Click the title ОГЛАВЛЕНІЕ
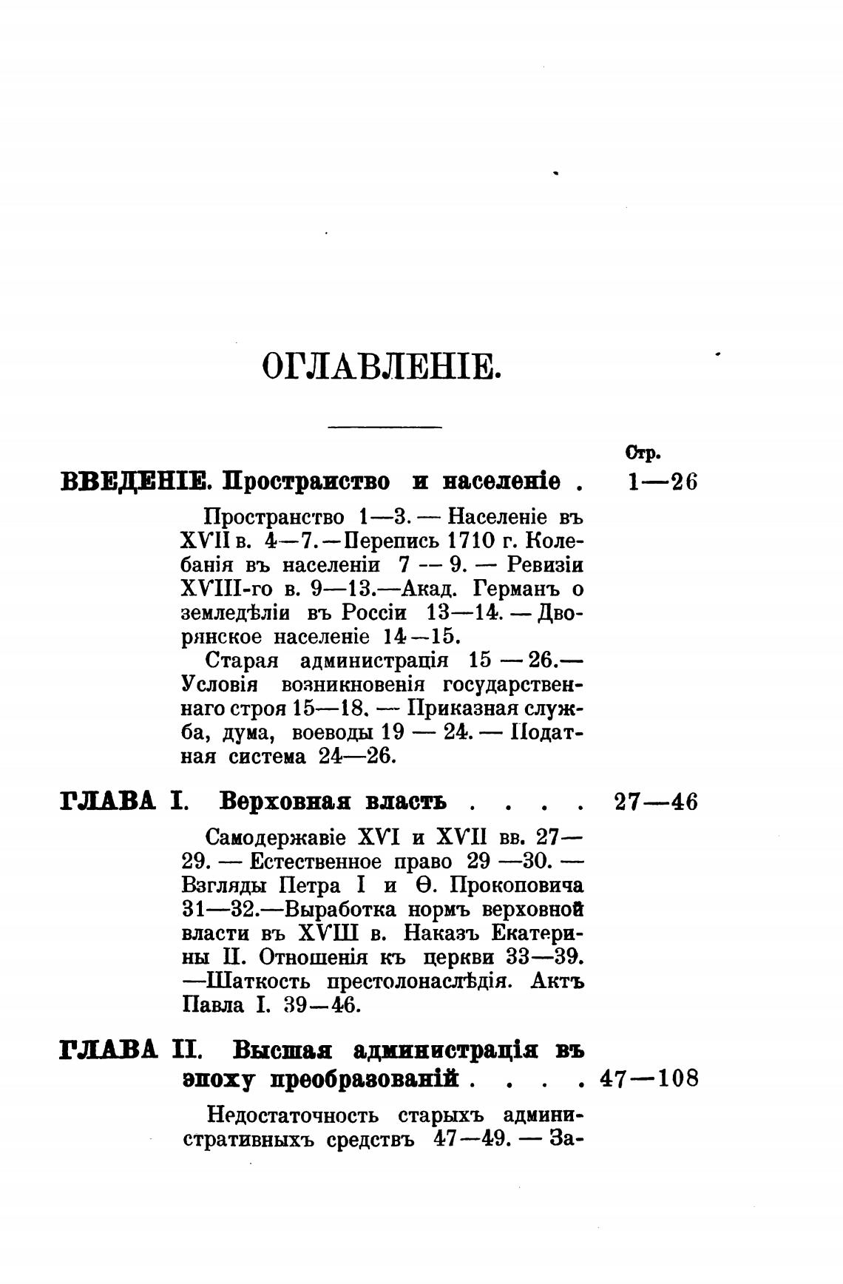[x=382, y=367]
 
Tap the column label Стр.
[x=643, y=453]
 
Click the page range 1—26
[x=661, y=482]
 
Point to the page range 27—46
[x=656, y=802]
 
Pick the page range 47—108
[x=649, y=1078]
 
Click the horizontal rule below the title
[x=384, y=426]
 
